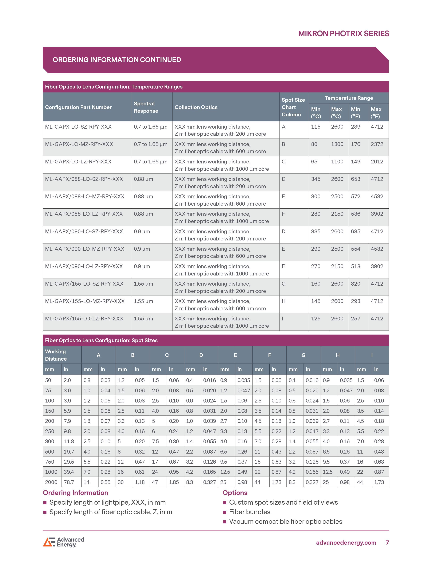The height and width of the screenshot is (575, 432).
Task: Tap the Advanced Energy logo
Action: click(64, 542)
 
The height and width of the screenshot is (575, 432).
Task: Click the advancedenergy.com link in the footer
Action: click(346, 543)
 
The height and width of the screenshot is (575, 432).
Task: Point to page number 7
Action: click(387, 543)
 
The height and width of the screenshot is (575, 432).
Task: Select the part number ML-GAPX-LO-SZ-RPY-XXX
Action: click(78, 127)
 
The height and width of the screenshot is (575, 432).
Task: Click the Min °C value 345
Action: click(316, 179)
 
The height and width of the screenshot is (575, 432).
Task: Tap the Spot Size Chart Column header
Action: click(293, 107)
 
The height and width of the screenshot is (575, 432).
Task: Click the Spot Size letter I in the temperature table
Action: click(282, 319)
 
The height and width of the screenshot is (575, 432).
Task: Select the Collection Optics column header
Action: click(196, 107)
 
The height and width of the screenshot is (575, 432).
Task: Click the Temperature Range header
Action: click(349, 98)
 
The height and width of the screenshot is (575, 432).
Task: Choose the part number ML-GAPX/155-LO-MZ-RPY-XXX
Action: click(85, 301)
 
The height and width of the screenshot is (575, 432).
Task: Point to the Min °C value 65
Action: click(314, 162)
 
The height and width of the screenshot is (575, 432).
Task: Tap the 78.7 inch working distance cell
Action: click(69, 482)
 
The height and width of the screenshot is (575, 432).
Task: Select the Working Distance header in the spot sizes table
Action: click(56, 355)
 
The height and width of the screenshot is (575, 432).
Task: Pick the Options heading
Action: click(235, 493)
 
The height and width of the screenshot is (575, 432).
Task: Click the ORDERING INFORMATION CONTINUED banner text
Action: click(117, 60)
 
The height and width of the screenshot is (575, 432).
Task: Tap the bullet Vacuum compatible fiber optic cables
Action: click(286, 522)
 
